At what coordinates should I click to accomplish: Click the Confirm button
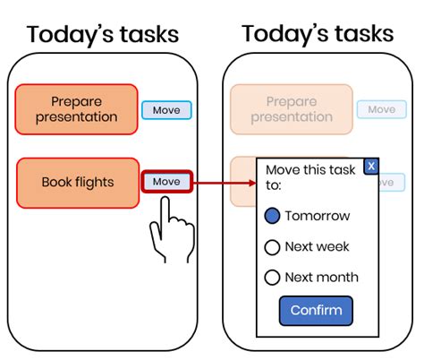point(316,311)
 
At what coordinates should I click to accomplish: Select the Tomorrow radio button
point(272,216)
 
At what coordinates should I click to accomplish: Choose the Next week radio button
point(272,247)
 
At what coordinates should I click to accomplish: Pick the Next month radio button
point(272,278)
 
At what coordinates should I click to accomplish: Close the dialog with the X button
point(371,166)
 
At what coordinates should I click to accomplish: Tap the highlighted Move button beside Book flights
point(167,182)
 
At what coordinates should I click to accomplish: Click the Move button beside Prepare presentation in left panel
point(166,110)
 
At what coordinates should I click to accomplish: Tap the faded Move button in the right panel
point(382,109)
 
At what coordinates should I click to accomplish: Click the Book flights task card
point(78,183)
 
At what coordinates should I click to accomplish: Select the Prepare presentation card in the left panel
point(77,109)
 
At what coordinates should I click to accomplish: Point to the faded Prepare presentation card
point(292,109)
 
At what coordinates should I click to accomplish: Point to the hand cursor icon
point(172,230)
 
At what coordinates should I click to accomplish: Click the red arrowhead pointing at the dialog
point(252,183)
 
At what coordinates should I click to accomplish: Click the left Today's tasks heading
point(103,35)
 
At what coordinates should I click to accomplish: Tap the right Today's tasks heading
point(318,34)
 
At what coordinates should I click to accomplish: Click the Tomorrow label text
point(318,216)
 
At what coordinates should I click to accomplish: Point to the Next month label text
point(322,278)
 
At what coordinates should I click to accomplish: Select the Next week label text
point(317,247)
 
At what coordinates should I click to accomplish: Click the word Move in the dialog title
point(283,170)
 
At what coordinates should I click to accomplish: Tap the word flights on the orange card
point(95,183)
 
